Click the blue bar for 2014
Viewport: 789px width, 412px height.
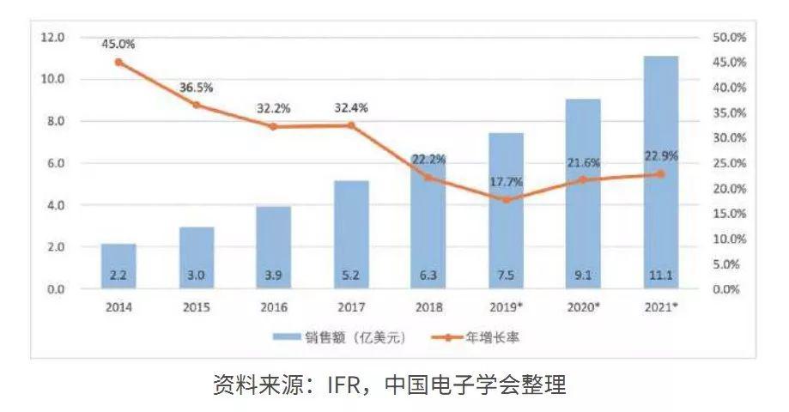pos(118,266)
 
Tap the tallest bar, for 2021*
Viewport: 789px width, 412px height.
pos(660,172)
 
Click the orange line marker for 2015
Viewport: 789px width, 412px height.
pos(196,105)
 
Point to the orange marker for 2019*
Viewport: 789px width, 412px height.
pos(507,200)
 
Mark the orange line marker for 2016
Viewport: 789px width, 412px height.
pos(273,126)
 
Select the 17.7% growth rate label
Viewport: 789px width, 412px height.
pos(507,181)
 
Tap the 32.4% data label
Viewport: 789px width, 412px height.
pos(351,109)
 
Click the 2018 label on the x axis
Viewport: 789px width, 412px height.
pos(428,306)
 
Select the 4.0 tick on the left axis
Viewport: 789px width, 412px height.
pos(53,206)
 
